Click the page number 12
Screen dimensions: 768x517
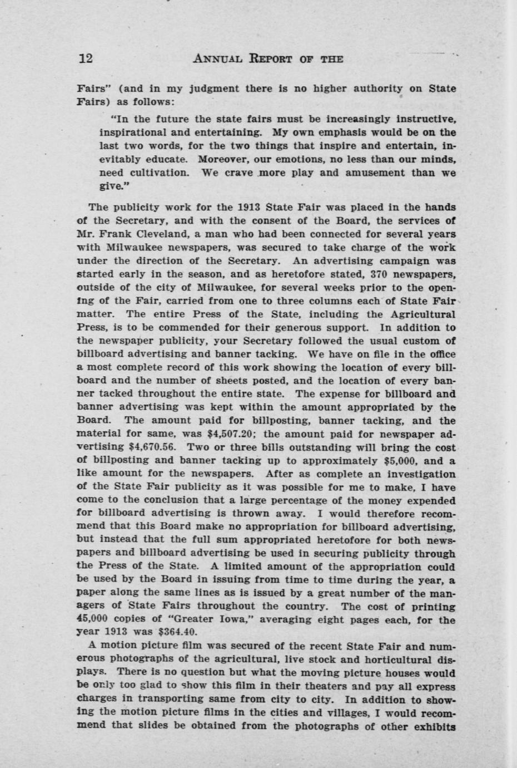pyautogui.click(x=86, y=58)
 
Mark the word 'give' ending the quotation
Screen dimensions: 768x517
pyautogui.click(x=110, y=186)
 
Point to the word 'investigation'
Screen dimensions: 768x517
pyautogui.click(x=420, y=474)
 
